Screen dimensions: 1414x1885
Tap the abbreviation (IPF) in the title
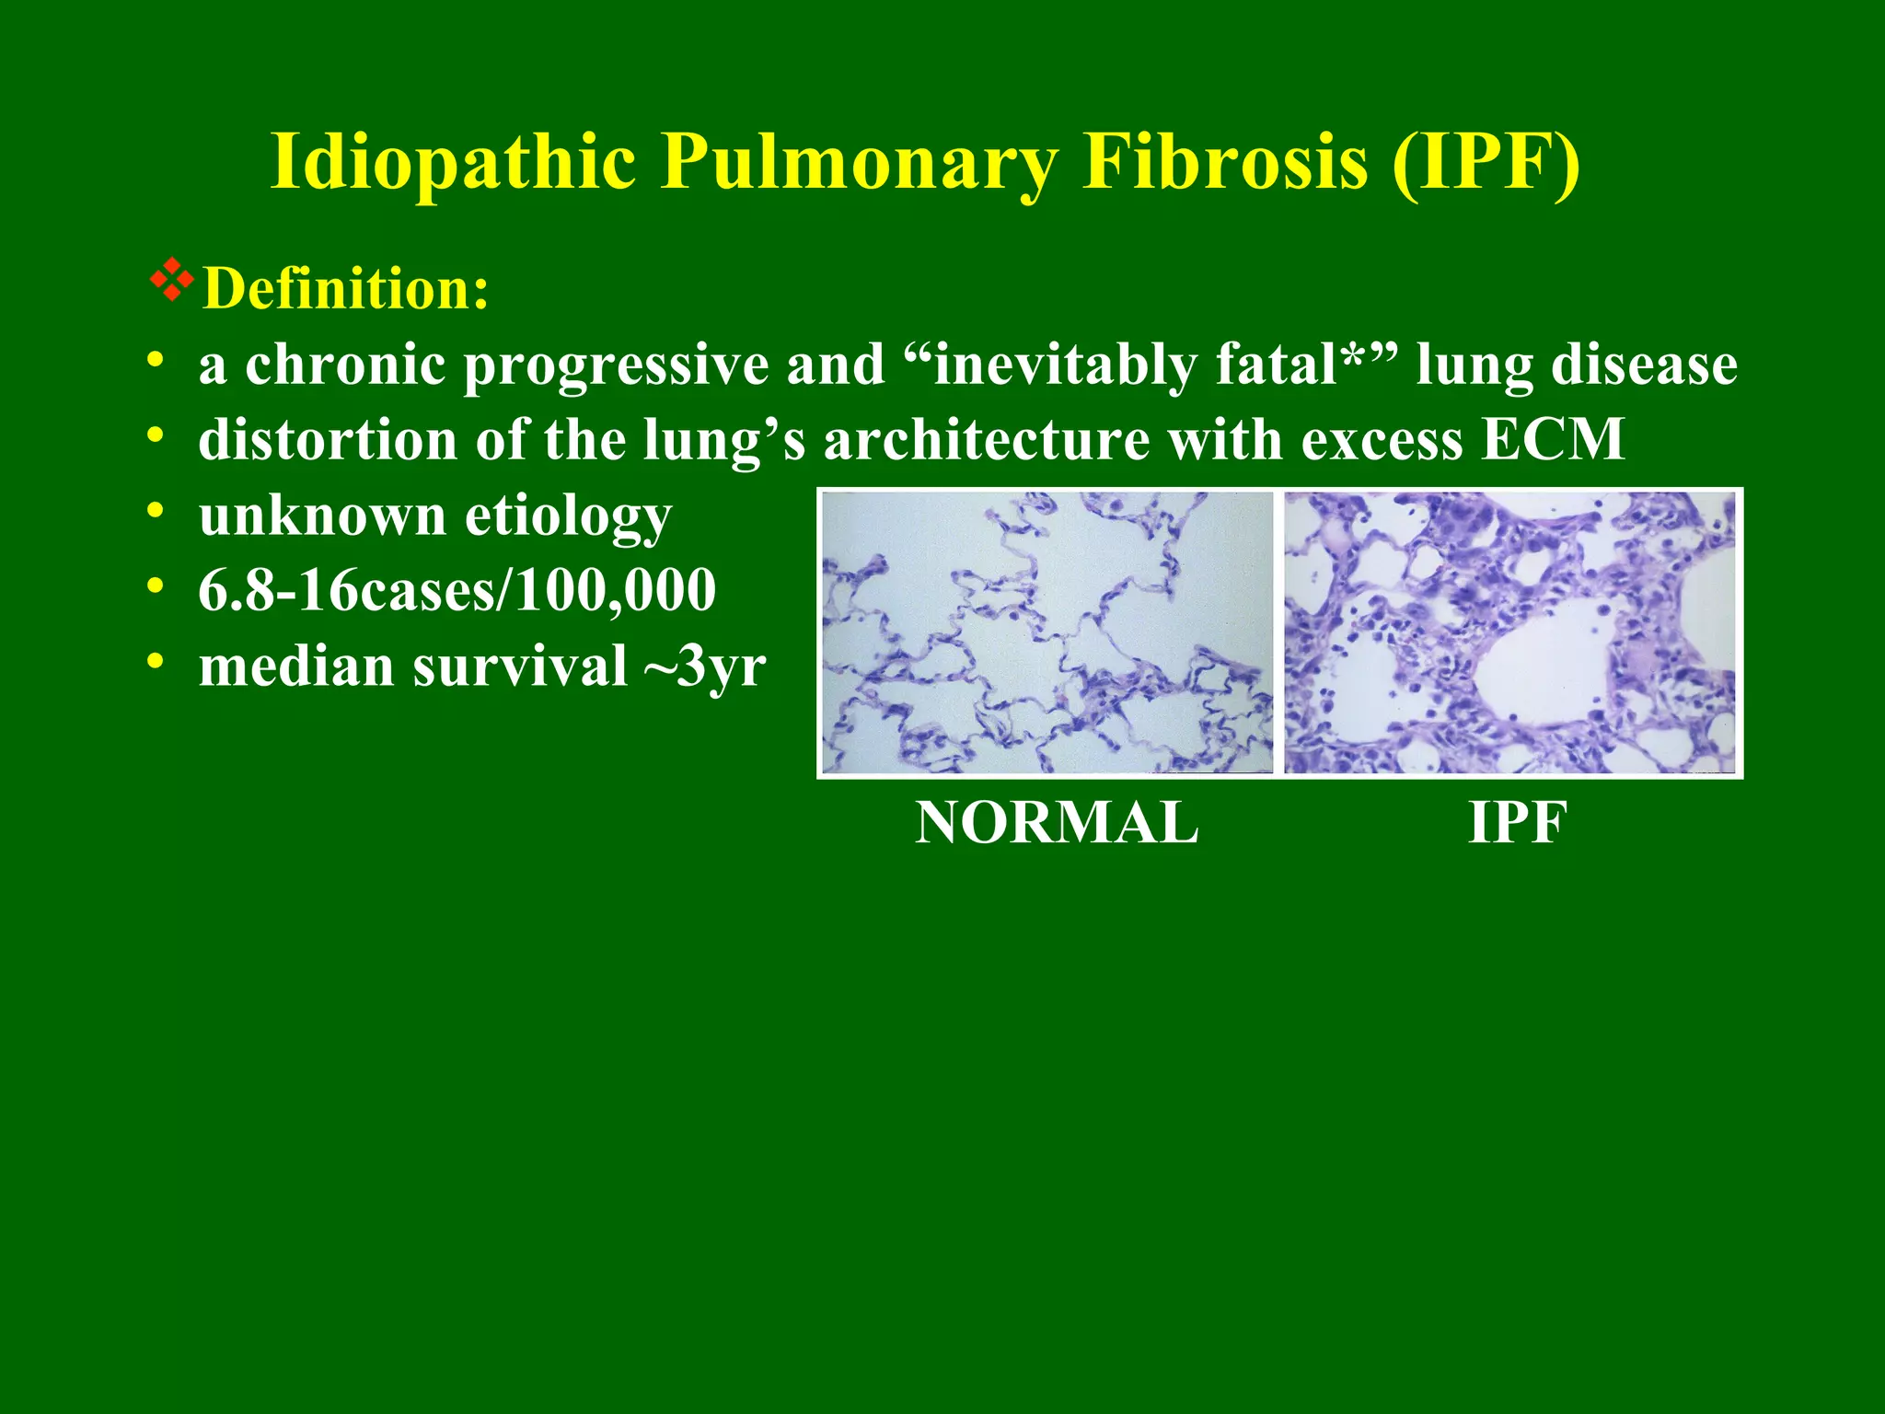tap(1486, 162)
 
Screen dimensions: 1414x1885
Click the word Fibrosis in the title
tap(1224, 162)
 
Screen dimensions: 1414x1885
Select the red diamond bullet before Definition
tap(171, 282)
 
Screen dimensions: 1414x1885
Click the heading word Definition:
tap(346, 289)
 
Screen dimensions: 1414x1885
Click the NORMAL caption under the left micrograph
tap(1057, 822)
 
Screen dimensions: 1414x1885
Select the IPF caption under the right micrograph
tap(1516, 822)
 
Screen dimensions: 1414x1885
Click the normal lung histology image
tap(1047, 632)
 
